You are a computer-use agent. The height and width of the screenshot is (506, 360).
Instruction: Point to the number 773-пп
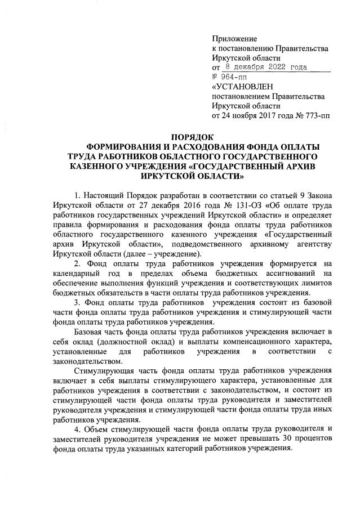316,116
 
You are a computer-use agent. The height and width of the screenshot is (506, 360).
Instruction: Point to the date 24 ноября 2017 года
249,116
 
